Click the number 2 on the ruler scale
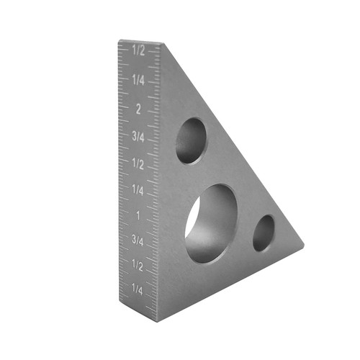pyautogui.click(x=138, y=109)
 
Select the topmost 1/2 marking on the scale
pyautogui.click(x=138, y=51)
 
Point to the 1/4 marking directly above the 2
pyautogui.click(x=138, y=80)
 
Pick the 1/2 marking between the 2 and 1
pyautogui.click(x=138, y=163)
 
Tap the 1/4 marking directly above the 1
pyautogui.click(x=138, y=190)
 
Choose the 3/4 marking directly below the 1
pyautogui.click(x=138, y=242)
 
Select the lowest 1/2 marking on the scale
pyautogui.click(x=138, y=267)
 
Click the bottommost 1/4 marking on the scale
pyautogui.click(x=138, y=289)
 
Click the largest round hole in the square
pyautogui.click(x=211, y=222)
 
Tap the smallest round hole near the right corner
pyautogui.click(x=264, y=233)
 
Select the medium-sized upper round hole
pyautogui.click(x=191, y=140)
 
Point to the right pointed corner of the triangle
pyautogui.click(x=302, y=247)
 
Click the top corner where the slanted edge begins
pyautogui.click(x=160, y=44)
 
